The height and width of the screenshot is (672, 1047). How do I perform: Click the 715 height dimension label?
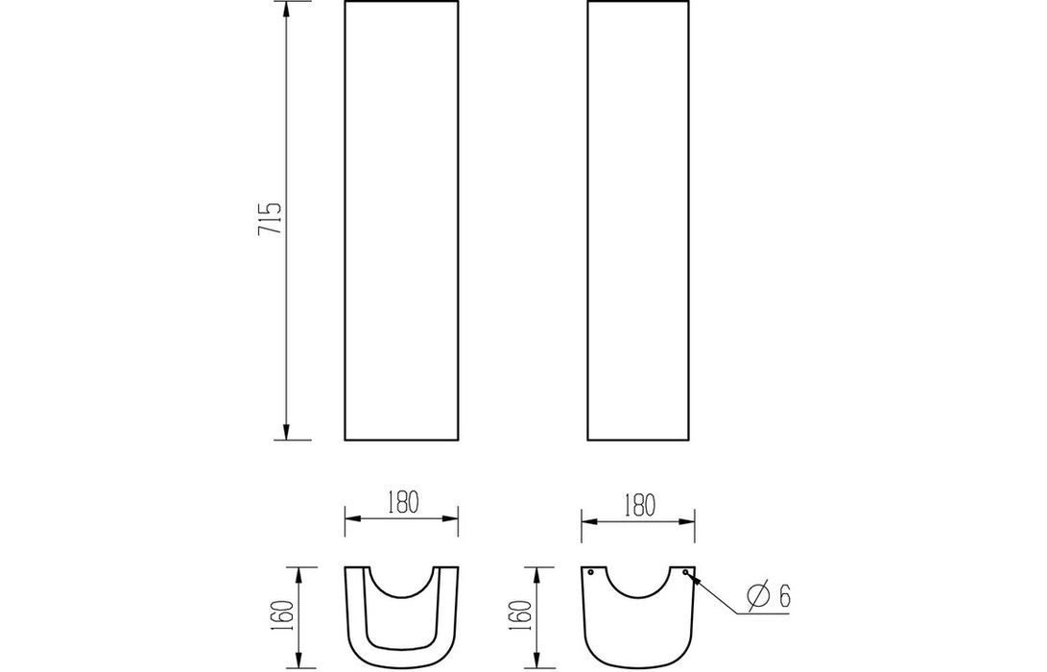pyautogui.click(x=270, y=218)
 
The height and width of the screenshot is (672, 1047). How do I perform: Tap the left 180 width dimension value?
pyautogui.click(x=402, y=502)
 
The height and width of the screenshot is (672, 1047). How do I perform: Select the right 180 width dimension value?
pyautogui.click(x=639, y=506)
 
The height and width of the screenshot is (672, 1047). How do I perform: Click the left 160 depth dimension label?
pyautogui.click(x=284, y=616)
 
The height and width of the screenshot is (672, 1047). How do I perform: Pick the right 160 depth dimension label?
pyautogui.click(x=524, y=616)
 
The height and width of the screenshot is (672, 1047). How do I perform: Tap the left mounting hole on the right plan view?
pyautogui.click(x=590, y=572)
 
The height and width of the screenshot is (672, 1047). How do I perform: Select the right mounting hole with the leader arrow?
pyautogui.click(x=685, y=572)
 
